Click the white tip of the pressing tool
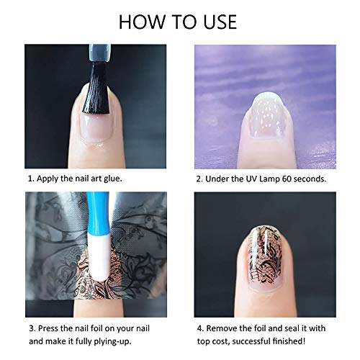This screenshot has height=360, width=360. pyautogui.click(x=101, y=269)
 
